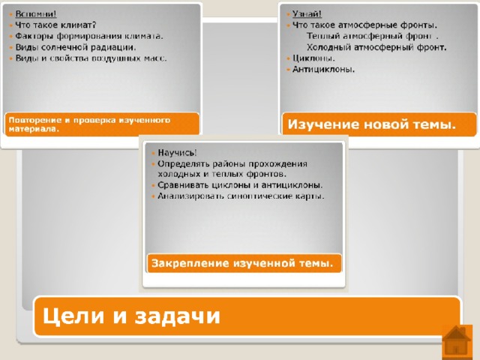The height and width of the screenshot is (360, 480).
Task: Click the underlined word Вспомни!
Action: [36, 14]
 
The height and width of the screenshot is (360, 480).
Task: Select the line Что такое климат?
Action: [55, 25]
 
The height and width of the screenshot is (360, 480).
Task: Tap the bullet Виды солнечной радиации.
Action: [76, 47]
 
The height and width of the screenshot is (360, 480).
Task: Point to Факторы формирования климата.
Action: [89, 36]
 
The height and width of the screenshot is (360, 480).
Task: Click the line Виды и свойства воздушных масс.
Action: [91, 58]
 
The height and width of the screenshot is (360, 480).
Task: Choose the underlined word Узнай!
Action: [307, 14]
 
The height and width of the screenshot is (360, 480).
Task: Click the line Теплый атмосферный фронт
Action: [372, 36]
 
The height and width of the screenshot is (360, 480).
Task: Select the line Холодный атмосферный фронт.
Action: [376, 47]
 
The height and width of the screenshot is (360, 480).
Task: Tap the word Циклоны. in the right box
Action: [313, 58]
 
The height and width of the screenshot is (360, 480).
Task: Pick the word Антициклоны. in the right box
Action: [323, 70]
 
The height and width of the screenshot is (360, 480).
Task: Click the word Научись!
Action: [177, 153]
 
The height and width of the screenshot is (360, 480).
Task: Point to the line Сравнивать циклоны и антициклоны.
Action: [240, 185]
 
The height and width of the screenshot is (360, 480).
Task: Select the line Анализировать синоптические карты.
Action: [241, 196]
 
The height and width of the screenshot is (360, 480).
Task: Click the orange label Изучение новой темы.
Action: [372, 124]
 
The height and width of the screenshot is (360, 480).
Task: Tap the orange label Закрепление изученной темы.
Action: [242, 263]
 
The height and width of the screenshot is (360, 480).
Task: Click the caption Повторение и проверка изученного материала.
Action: [89, 124]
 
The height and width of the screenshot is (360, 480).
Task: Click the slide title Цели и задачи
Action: [131, 316]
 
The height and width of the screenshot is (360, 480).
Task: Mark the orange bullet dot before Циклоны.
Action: [288, 58]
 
